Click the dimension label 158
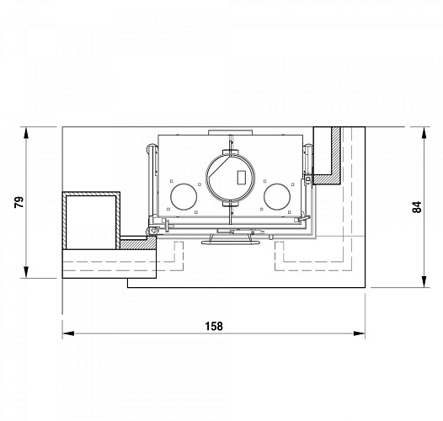coord(213,327)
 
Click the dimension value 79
coord(19,202)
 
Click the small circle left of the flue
coord(183,197)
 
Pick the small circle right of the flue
coord(276,197)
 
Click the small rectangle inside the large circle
coord(242,177)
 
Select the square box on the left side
coord(91,221)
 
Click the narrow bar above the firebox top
coord(230,131)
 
